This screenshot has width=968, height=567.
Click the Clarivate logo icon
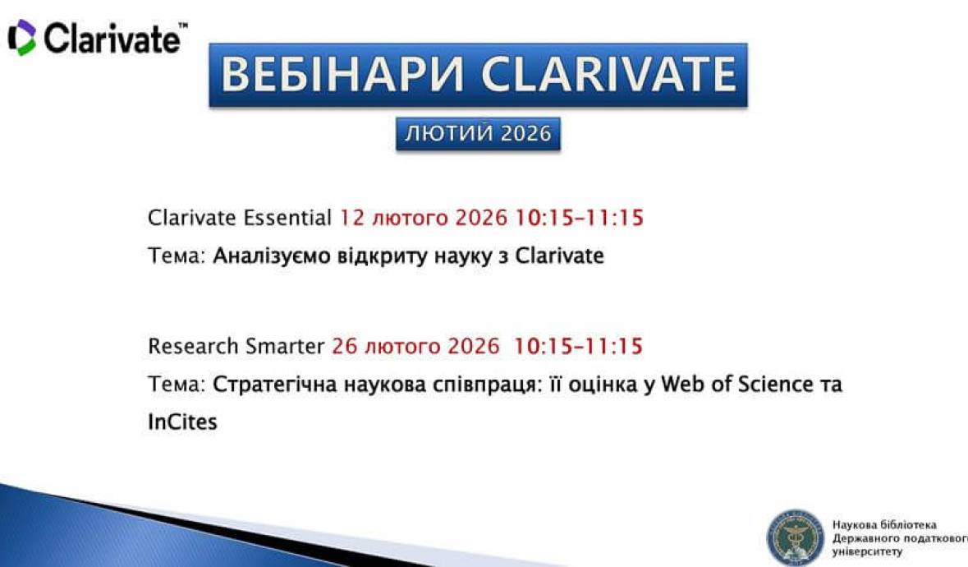click(x=21, y=38)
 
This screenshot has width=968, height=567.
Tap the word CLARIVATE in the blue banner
click(x=608, y=75)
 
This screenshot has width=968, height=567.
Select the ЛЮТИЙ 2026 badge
click(x=478, y=134)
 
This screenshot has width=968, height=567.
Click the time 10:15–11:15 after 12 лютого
click(x=579, y=219)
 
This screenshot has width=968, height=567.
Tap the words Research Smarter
click(x=236, y=346)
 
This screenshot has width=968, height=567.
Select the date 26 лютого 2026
click(x=415, y=346)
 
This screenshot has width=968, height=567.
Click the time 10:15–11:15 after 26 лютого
click(x=579, y=346)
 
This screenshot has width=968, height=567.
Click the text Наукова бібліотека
click(x=883, y=525)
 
